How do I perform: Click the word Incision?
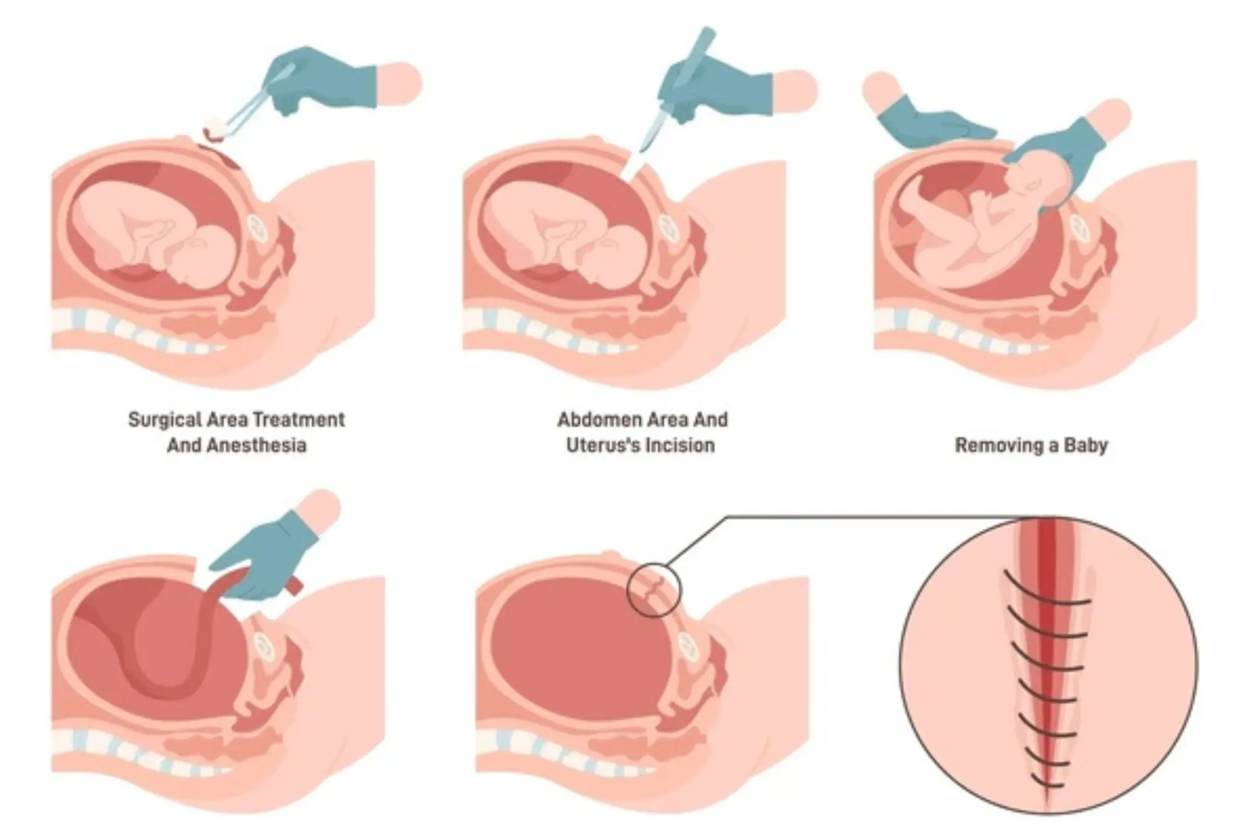coord(685,446)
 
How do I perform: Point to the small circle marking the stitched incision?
coord(653,590)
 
